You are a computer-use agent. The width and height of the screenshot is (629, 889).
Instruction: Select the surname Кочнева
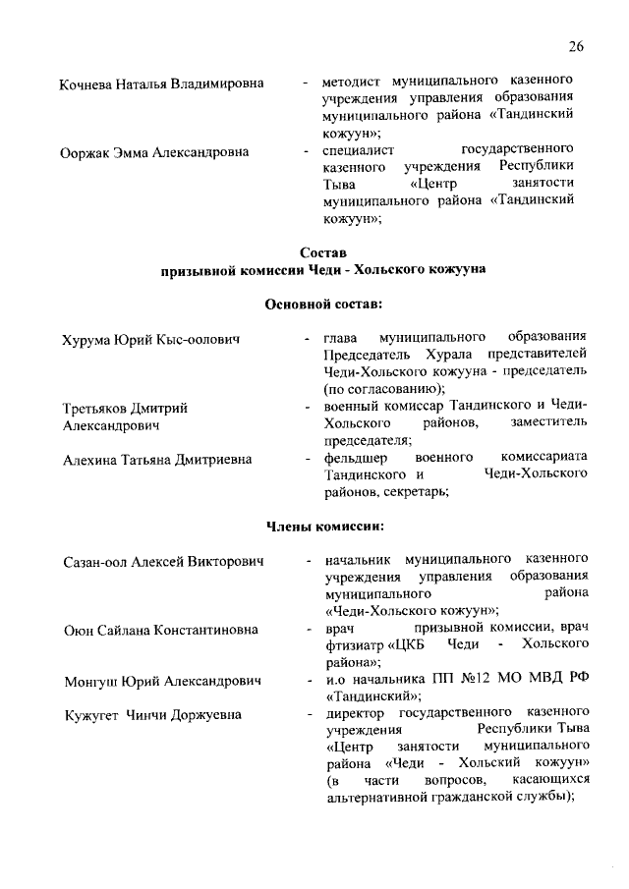tap(87, 83)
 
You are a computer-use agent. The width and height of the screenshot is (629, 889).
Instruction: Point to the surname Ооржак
tap(87, 152)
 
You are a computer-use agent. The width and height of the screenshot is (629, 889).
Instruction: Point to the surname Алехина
tap(91, 459)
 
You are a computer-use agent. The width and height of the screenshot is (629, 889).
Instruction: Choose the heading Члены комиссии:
tap(323, 527)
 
